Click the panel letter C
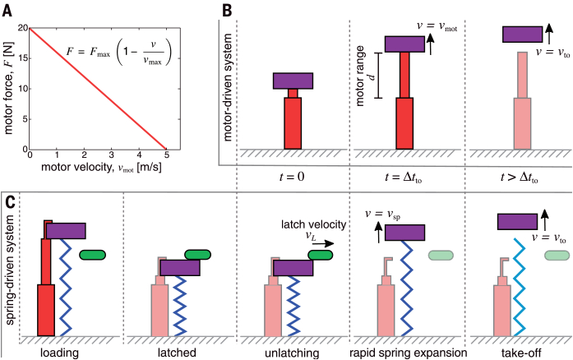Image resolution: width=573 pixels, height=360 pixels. [9, 201]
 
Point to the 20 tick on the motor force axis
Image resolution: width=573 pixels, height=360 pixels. [21, 28]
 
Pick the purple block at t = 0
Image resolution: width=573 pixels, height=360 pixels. [293, 81]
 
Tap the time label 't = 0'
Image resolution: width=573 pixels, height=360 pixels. [293, 175]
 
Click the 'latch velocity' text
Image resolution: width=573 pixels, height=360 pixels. [314, 224]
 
